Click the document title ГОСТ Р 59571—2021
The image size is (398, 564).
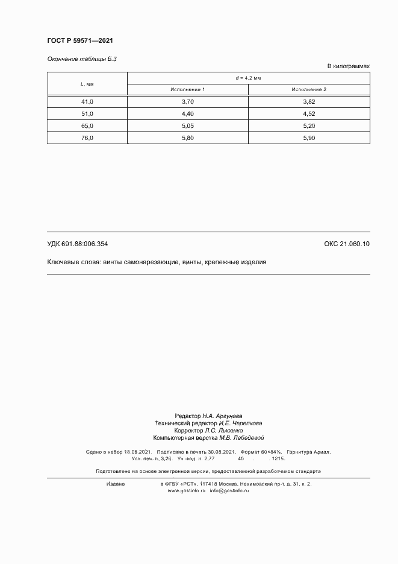(80, 40)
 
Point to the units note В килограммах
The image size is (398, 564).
(348, 66)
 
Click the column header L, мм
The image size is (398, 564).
(87, 84)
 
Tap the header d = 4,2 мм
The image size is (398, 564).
(248, 78)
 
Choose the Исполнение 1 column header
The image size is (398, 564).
(187, 90)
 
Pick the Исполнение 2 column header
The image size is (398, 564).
(309, 90)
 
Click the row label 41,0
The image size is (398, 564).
(87, 102)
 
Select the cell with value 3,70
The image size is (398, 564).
(187, 102)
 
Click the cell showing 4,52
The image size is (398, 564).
(309, 114)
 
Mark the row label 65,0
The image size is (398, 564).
(87, 126)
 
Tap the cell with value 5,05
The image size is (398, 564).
(187, 126)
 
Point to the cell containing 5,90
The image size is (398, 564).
(309, 138)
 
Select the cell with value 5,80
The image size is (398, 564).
(187, 138)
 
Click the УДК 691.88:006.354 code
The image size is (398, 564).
(77, 244)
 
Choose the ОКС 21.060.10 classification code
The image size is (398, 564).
(347, 244)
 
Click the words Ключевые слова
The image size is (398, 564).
(73, 262)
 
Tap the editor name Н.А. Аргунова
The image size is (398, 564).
(222, 416)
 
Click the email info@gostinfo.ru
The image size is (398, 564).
(229, 491)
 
